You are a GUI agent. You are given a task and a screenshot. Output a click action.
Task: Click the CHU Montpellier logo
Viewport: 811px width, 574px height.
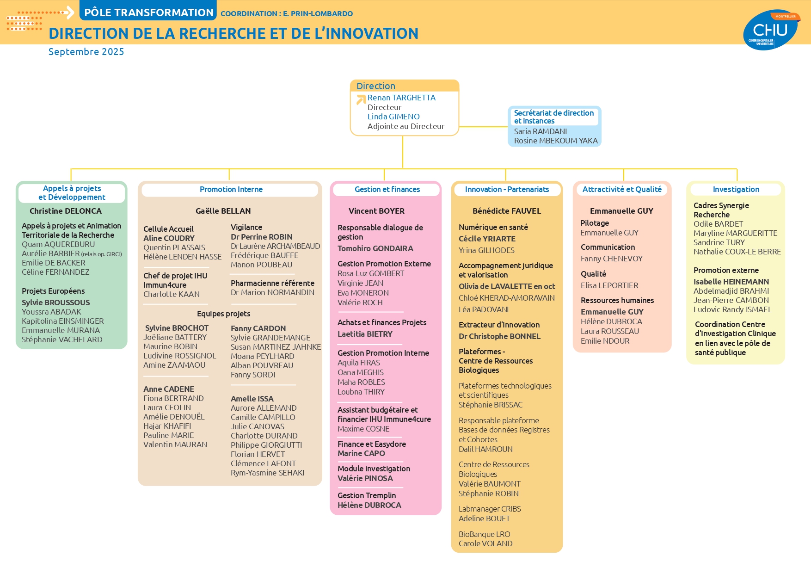tap(771, 30)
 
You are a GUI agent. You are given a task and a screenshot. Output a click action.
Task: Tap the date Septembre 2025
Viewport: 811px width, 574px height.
tap(86, 52)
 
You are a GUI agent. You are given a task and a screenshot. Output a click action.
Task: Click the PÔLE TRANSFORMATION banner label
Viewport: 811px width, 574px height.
tap(149, 12)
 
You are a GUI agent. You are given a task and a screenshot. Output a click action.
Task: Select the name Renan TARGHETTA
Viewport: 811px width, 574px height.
tap(401, 98)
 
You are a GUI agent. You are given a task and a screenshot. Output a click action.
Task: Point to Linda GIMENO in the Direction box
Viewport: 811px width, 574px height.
tap(393, 117)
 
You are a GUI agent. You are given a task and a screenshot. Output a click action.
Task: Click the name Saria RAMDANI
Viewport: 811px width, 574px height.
tap(540, 131)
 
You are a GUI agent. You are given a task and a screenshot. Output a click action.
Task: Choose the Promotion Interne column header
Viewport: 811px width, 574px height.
tap(231, 189)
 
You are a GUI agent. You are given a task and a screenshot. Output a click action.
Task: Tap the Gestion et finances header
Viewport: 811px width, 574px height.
tap(387, 189)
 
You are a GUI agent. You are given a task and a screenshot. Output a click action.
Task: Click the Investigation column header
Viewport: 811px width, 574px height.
tap(736, 189)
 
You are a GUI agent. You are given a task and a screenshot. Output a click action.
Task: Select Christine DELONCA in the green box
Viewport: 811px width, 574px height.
tap(66, 211)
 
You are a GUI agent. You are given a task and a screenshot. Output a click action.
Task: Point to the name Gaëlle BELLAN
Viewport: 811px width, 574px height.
tap(223, 211)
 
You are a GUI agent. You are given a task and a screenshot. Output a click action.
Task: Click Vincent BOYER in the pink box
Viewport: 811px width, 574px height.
tap(376, 211)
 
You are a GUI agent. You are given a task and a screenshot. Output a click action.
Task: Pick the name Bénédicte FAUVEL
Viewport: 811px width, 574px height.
tap(507, 211)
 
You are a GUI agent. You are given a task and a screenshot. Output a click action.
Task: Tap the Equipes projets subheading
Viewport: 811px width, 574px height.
tap(224, 314)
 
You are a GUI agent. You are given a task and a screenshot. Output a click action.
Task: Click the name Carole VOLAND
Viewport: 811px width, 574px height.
tap(485, 543)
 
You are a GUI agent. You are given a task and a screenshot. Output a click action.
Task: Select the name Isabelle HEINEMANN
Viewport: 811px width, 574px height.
tap(731, 282)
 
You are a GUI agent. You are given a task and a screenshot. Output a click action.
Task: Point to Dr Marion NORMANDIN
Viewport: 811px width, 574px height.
tap(272, 292)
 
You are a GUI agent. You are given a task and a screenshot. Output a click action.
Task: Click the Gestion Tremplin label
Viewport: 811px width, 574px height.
tap(367, 495)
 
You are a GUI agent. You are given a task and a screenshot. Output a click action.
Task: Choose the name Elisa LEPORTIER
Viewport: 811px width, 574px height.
tap(609, 285)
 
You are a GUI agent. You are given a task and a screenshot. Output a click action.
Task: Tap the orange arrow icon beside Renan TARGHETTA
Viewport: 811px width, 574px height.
tap(361, 99)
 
